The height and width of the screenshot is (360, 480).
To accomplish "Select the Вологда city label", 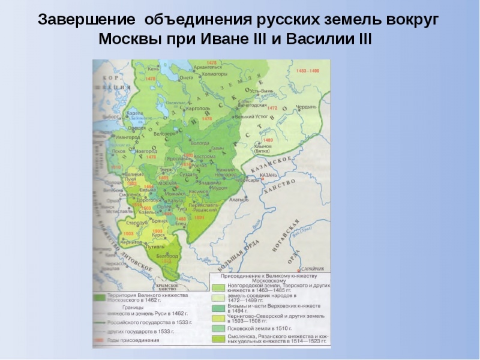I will (200, 143).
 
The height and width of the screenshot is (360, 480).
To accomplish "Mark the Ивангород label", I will (127, 137).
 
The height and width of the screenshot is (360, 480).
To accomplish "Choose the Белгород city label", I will (163, 255).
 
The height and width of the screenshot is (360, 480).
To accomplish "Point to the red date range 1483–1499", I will (307, 71).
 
